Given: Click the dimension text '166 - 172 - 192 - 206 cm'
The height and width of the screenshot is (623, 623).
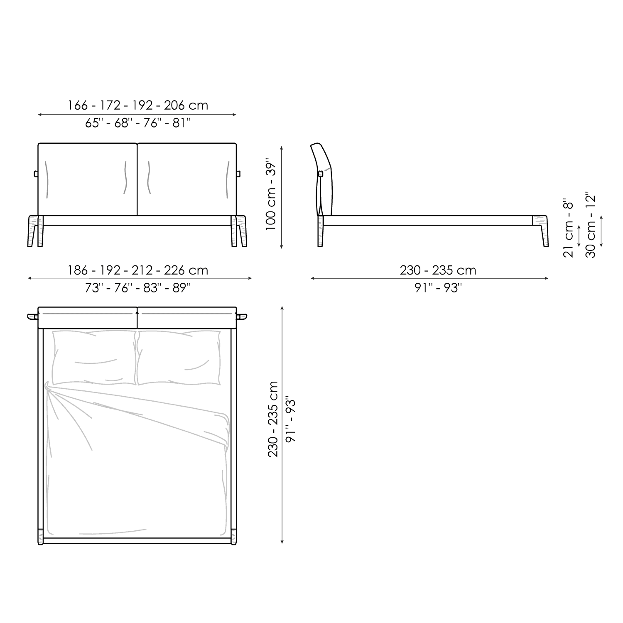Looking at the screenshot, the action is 138,105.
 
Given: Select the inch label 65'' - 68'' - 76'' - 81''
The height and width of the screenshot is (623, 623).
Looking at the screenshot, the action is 138,123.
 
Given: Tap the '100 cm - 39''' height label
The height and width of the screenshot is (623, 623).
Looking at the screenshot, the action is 271,194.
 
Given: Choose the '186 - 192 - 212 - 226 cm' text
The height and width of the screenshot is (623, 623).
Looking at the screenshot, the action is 138,270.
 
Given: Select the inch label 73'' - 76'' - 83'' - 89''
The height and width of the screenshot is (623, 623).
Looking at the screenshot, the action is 138,288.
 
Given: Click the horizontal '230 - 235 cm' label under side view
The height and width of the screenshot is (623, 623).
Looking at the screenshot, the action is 438,270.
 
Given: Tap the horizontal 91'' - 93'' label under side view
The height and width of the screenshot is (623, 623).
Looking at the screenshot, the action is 438,288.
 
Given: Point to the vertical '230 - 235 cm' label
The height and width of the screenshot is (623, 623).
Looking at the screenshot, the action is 273,419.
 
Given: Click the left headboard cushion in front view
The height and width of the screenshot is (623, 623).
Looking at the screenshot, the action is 88,179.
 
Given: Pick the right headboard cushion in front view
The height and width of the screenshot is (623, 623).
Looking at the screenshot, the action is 187,179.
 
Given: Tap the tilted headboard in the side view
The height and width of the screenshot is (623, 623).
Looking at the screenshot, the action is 323,179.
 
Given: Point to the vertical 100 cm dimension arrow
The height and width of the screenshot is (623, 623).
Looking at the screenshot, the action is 282,197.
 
